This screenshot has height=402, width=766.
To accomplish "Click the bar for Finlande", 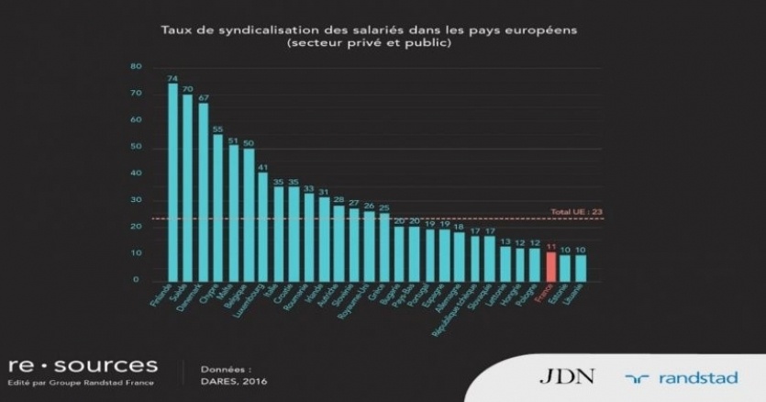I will point(173,183).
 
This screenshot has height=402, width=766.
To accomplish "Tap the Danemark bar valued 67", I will point(204,192).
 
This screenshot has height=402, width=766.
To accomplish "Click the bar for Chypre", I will point(218,207).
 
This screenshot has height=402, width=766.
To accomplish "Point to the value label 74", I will point(172,78).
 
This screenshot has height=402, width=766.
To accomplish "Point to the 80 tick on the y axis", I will point(136,67).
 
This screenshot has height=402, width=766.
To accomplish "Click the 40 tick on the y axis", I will point(136,173).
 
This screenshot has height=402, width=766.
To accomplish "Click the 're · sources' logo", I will point(83,365).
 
